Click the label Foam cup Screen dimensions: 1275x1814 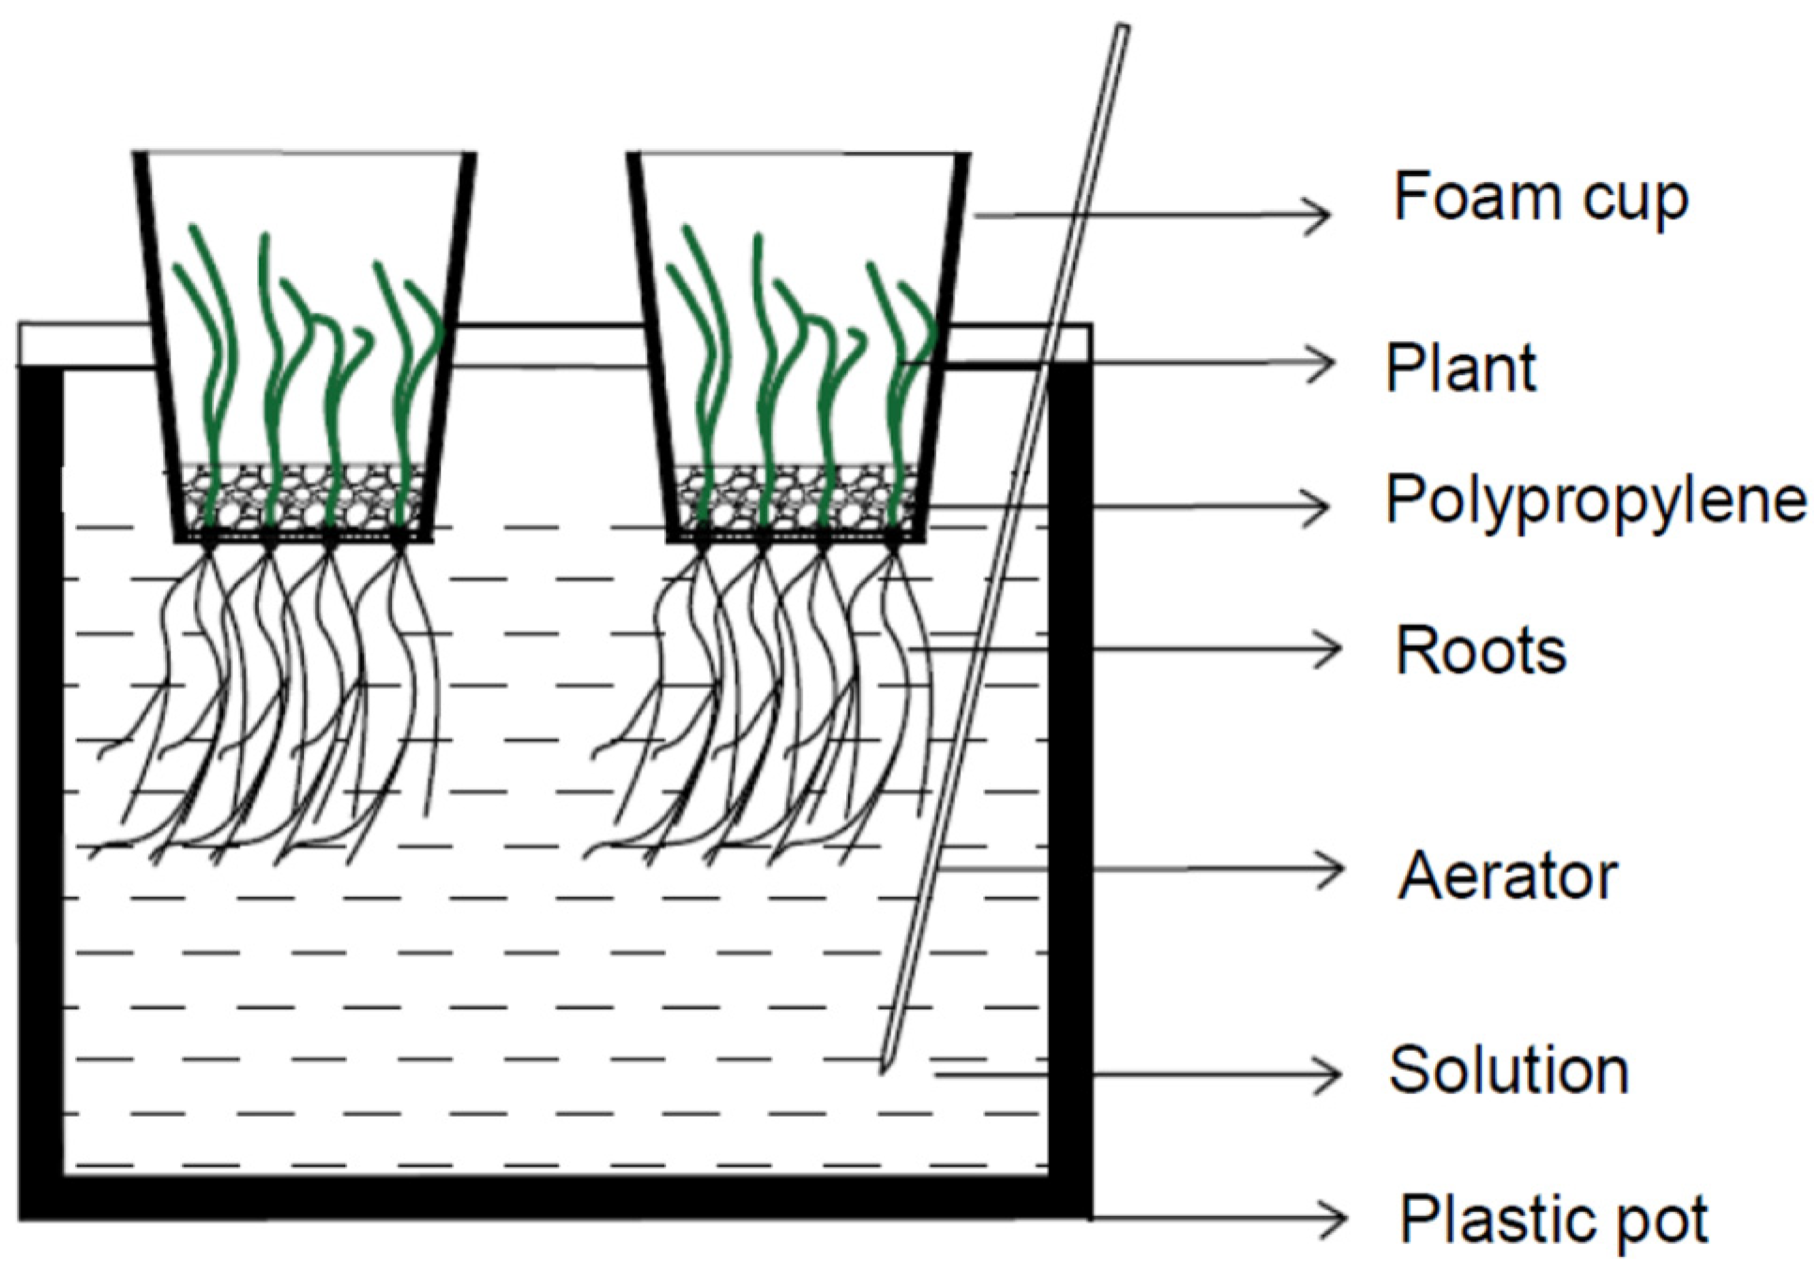click(x=1539, y=198)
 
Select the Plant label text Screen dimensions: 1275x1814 click(x=1459, y=367)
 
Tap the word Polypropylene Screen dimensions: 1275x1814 click(x=1595, y=500)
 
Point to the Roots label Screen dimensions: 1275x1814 click(x=1479, y=650)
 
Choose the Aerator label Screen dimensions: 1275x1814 click(x=1506, y=876)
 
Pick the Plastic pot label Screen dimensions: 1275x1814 click(x=1553, y=1220)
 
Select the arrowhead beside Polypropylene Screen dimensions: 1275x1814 click(x=1321, y=507)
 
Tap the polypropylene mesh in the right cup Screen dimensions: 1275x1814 click(x=795, y=497)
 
